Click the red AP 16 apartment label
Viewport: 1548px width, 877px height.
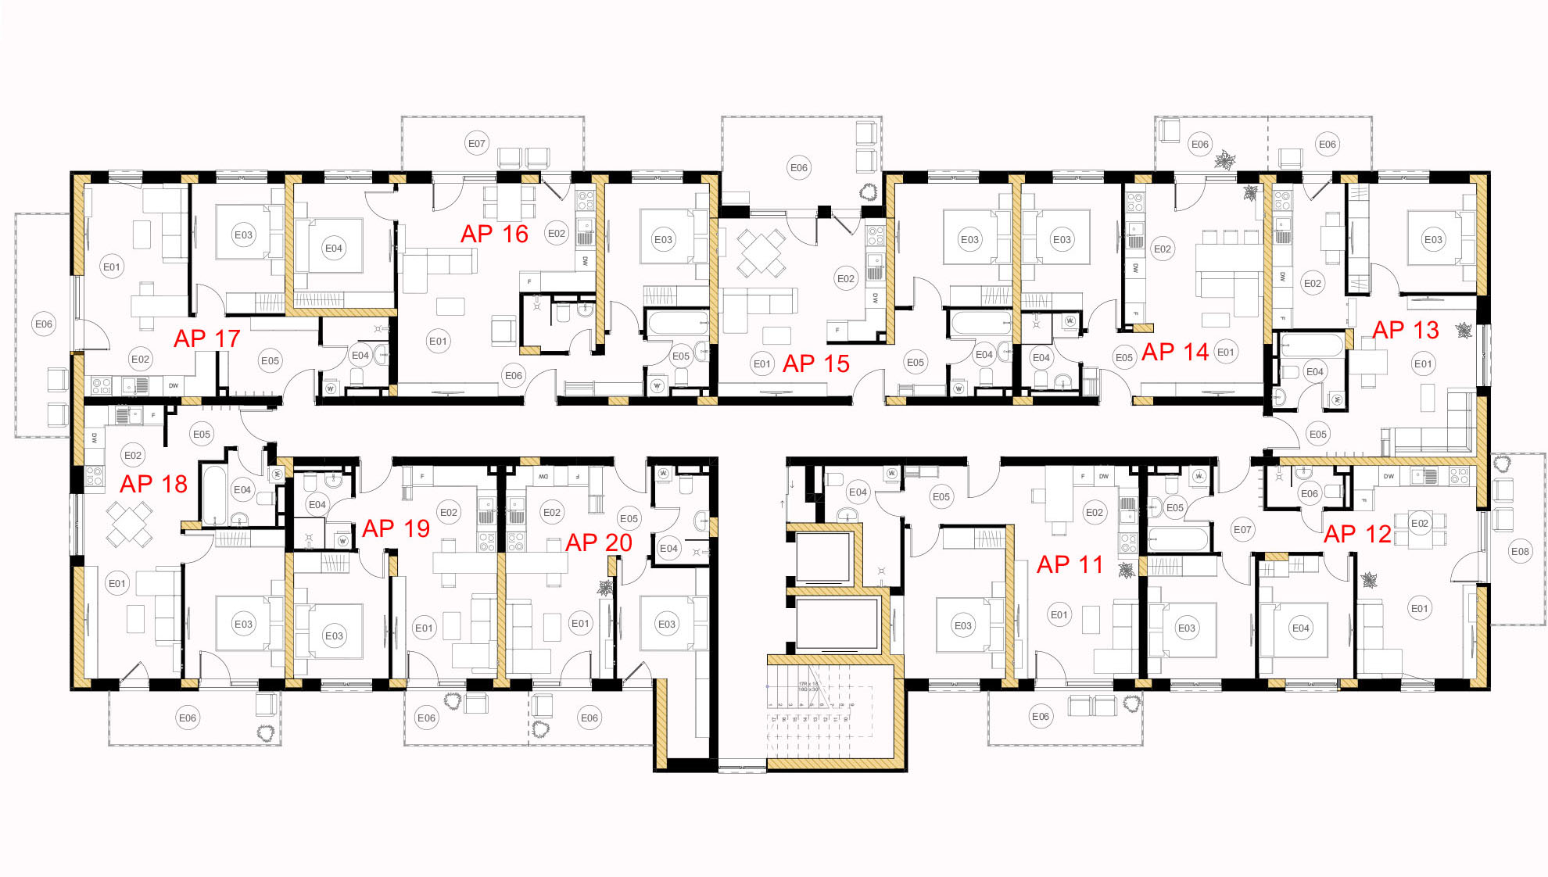click(x=494, y=234)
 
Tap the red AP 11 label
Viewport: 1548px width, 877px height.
click(x=1070, y=564)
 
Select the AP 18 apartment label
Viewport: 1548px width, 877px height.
click(x=153, y=484)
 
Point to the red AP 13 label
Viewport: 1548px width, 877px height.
click(x=1405, y=330)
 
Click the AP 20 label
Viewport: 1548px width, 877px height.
click(x=598, y=542)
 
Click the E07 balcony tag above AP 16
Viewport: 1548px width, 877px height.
click(x=477, y=144)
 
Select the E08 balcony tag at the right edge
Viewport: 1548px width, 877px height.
click(x=1520, y=552)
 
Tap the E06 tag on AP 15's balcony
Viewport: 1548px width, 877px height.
click(x=799, y=167)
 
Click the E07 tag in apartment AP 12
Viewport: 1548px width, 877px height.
click(x=1242, y=530)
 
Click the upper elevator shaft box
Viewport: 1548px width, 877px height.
click(x=822, y=557)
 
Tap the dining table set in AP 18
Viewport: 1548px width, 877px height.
click(x=130, y=524)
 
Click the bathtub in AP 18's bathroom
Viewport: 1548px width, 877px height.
click(x=213, y=494)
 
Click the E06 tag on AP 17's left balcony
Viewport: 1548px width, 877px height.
click(x=44, y=324)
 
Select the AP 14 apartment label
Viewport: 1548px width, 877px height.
click(x=1174, y=353)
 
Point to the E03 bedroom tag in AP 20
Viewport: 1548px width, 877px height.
click(x=667, y=624)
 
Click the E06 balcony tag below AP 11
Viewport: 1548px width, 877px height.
click(x=1041, y=717)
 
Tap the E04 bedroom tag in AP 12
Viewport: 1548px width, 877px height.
click(x=1301, y=628)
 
